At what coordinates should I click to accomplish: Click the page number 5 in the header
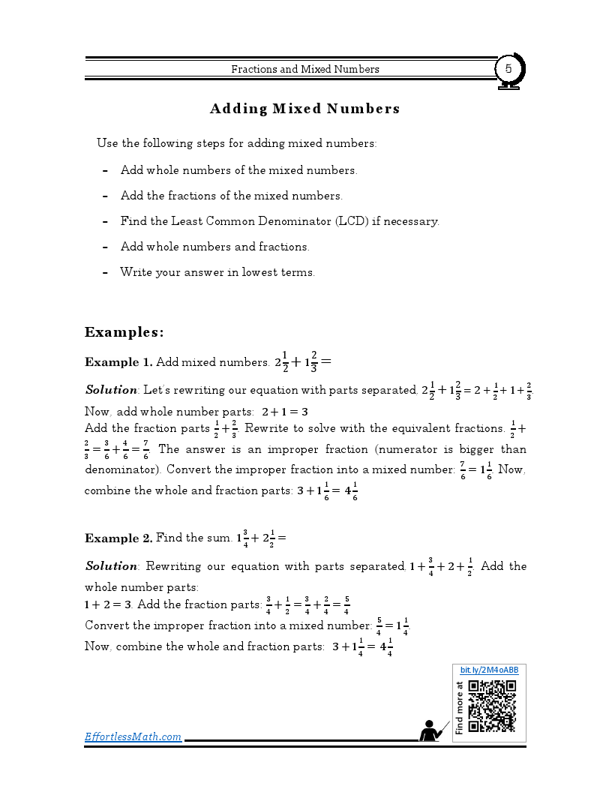pyautogui.click(x=508, y=69)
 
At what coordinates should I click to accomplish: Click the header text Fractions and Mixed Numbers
pyautogui.click(x=304, y=69)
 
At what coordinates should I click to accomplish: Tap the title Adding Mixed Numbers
pyautogui.click(x=304, y=109)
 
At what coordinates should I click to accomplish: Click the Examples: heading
pyautogui.click(x=124, y=331)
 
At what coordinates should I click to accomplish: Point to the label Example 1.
pyautogui.click(x=118, y=362)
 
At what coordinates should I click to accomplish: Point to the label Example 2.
pyautogui.click(x=118, y=538)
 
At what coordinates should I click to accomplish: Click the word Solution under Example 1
pyautogui.click(x=111, y=390)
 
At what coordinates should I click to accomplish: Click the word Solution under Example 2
pyautogui.click(x=111, y=566)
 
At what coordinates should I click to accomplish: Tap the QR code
pyautogui.click(x=492, y=705)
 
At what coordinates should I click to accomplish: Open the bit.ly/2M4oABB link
pyautogui.click(x=489, y=669)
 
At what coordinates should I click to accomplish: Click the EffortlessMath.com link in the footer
pyautogui.click(x=133, y=736)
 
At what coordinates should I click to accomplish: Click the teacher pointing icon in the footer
pyautogui.click(x=433, y=730)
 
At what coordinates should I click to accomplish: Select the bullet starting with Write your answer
pyautogui.click(x=217, y=272)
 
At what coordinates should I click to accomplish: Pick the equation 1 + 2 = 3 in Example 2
pyautogui.click(x=108, y=604)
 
